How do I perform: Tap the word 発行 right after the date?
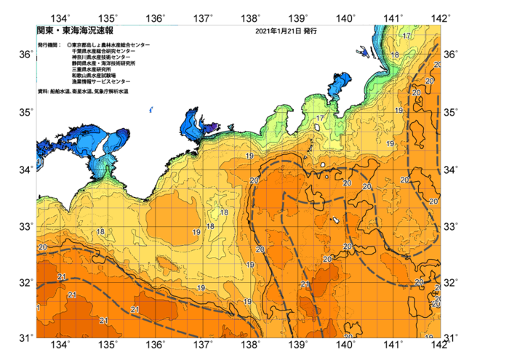(x=310, y=32)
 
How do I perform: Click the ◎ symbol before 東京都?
(x=69, y=45)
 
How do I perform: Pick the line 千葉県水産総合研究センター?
(x=105, y=51)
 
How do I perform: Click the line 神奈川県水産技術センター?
(x=105, y=57)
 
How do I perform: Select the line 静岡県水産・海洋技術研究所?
(x=108, y=63)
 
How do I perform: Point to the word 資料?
(x=43, y=92)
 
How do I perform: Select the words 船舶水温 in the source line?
(x=60, y=92)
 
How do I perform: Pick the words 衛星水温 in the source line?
(x=81, y=92)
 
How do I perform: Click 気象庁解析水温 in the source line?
(x=111, y=92)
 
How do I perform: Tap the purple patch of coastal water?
(x=211, y=127)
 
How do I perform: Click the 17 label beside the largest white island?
(x=320, y=118)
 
